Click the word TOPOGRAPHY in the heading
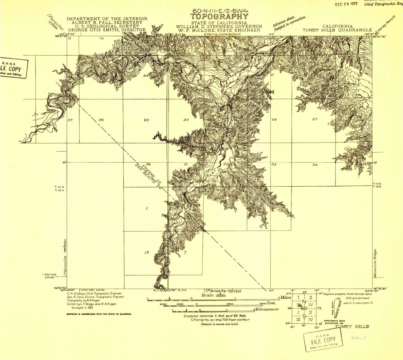point(220,17)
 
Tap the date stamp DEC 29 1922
point(346,4)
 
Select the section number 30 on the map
point(186,120)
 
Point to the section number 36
point(148,164)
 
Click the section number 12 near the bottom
point(146,252)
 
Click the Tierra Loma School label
point(222,34)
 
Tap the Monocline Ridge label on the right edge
point(375,263)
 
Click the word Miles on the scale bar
point(286,297)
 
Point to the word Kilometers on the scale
point(267,309)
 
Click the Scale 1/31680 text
point(214,295)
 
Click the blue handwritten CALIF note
point(359,338)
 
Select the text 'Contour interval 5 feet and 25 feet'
point(215,316)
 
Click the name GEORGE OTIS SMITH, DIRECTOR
point(107,30)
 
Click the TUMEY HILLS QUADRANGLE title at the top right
point(337,30)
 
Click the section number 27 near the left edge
point(70,120)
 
